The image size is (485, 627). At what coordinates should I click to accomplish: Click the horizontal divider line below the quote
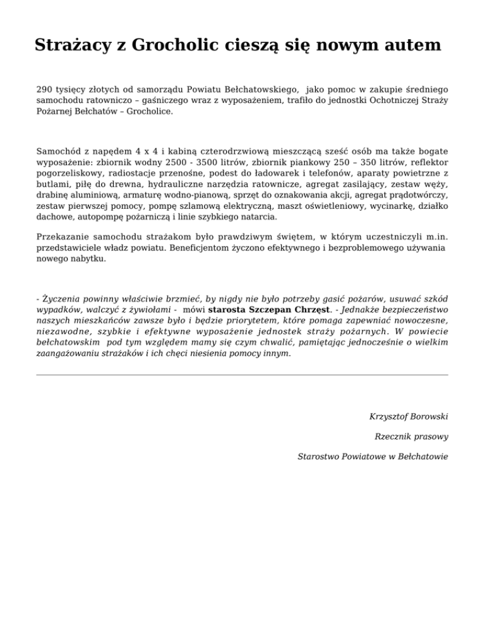[242, 375]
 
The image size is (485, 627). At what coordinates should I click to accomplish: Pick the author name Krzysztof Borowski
[409, 417]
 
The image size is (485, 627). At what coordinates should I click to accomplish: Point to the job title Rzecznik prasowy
[411, 437]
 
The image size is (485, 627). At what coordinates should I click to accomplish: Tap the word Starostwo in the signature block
[321, 456]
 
